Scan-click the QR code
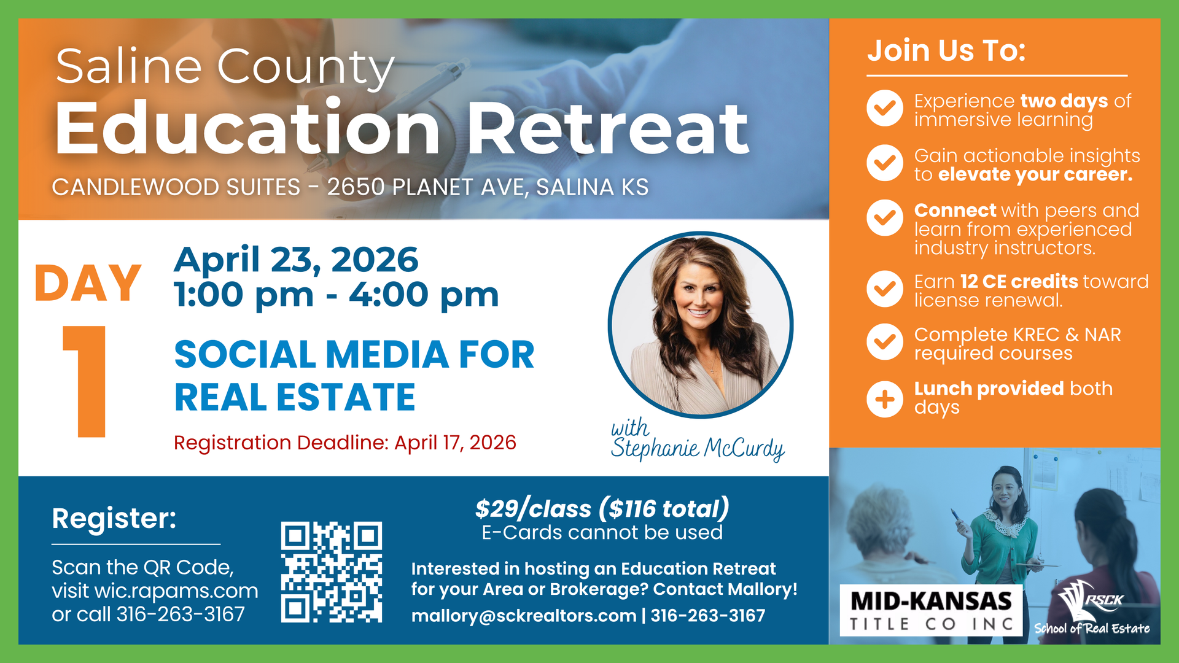pyautogui.click(x=331, y=572)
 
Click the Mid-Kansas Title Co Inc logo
pyautogui.click(x=930, y=610)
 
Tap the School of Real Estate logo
pyautogui.click(x=1092, y=610)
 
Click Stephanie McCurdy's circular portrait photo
pyautogui.click(x=700, y=324)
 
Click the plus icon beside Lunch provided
pyautogui.click(x=884, y=400)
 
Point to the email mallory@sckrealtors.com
pyautogui.click(x=523, y=616)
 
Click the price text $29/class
pyautogui.click(x=533, y=509)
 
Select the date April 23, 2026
pyautogui.click(x=296, y=260)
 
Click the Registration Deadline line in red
pyautogui.click(x=344, y=443)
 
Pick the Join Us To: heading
pyautogui.click(x=946, y=50)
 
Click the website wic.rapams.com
pyautogui.click(x=176, y=591)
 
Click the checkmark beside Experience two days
pyautogui.click(x=884, y=108)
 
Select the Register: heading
pyautogui.click(x=114, y=519)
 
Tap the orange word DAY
pyautogui.click(x=88, y=284)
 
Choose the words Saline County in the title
pyautogui.click(x=225, y=67)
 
